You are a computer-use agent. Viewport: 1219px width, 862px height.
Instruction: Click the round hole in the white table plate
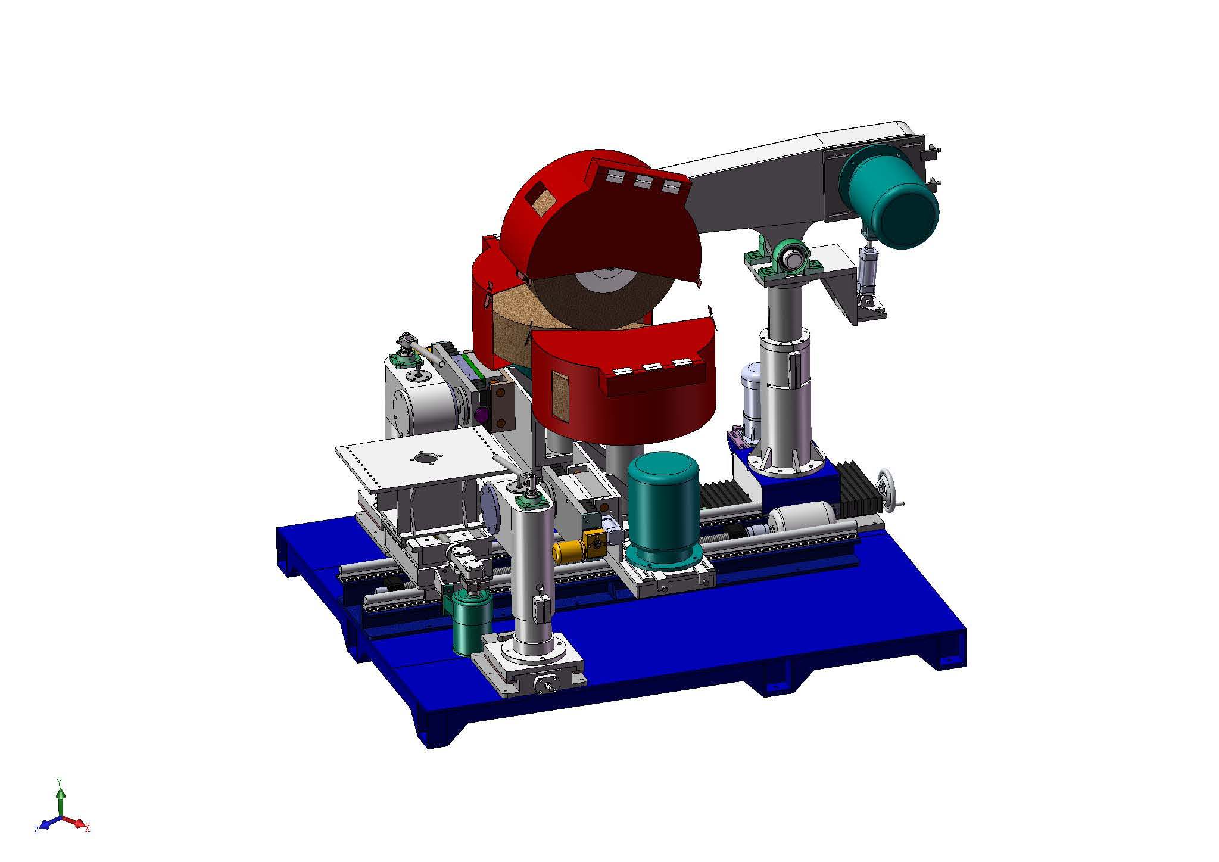point(425,458)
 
